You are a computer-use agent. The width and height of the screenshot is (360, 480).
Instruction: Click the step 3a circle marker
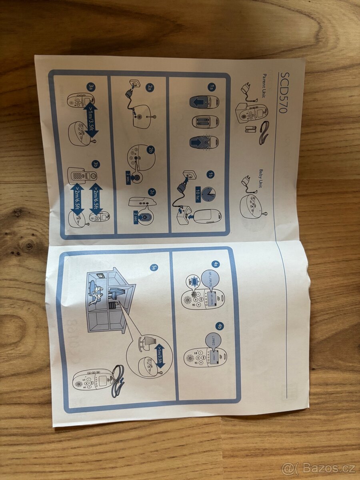tap(91, 86)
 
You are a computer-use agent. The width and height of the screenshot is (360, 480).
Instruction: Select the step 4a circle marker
tap(215, 264)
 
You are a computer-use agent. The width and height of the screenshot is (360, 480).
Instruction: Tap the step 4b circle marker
tap(219, 326)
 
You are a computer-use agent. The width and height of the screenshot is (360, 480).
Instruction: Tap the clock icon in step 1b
tap(208, 194)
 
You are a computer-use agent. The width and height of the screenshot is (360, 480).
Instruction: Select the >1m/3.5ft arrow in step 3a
tap(91, 119)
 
